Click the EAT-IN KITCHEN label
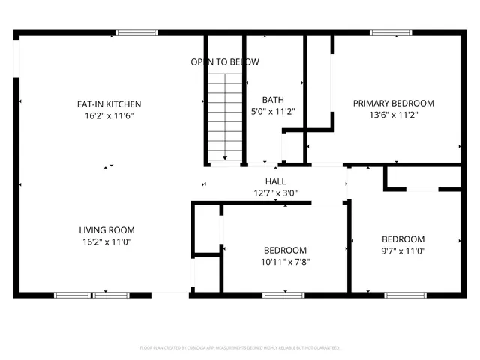pyautogui.click(x=109, y=103)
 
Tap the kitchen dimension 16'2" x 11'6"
pyautogui.click(x=109, y=116)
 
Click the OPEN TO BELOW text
pyautogui.click(x=224, y=61)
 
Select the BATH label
pyautogui.click(x=273, y=100)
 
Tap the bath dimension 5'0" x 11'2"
pyautogui.click(x=273, y=112)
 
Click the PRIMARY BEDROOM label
pyautogui.click(x=394, y=103)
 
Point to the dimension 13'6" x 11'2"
pyautogui.click(x=394, y=115)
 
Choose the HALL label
pyautogui.click(x=275, y=181)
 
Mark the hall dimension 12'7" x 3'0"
pyautogui.click(x=275, y=193)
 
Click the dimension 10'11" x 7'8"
pyautogui.click(x=285, y=262)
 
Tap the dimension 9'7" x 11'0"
pyautogui.click(x=403, y=251)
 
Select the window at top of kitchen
pyautogui.click(x=136, y=32)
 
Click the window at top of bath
pyautogui.click(x=274, y=32)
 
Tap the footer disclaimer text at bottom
pyautogui.click(x=240, y=348)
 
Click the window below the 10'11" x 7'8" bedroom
pyautogui.click(x=283, y=295)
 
